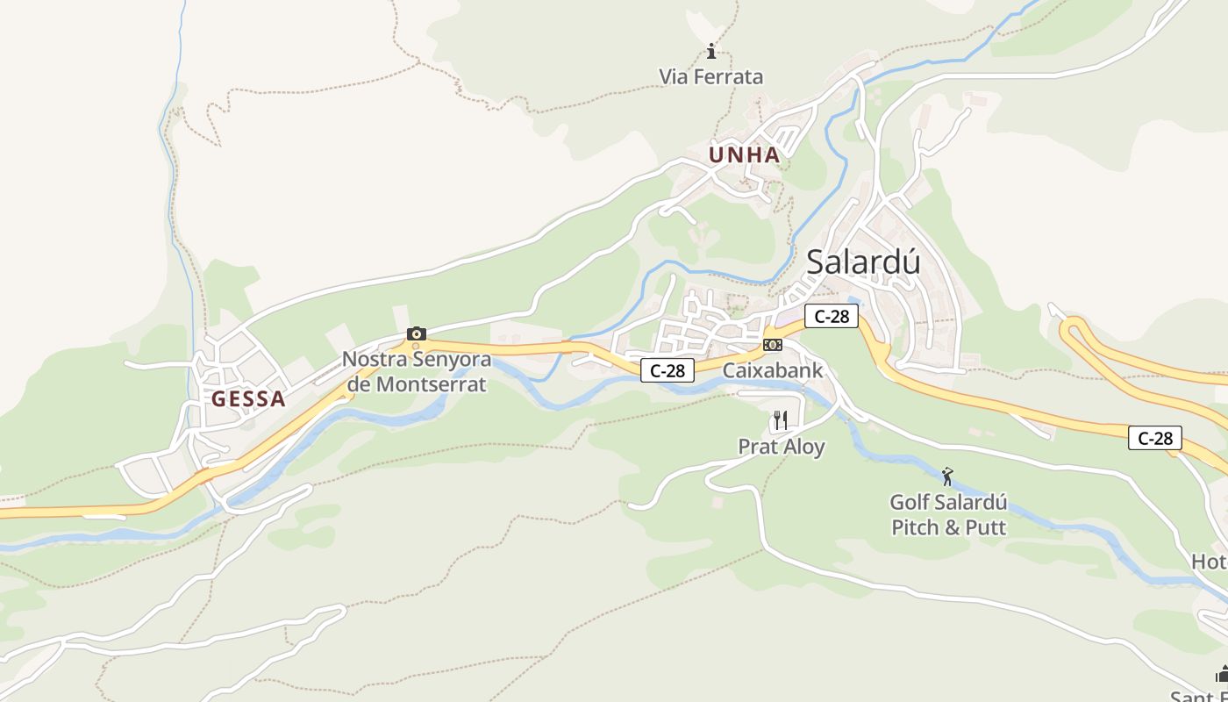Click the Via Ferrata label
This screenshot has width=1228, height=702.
point(711,77)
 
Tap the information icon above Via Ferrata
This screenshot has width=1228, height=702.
point(711,51)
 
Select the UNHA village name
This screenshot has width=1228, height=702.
point(744,155)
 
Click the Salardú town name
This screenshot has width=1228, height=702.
point(863,261)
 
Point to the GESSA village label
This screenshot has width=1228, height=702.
point(248,399)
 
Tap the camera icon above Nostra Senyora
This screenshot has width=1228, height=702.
point(417,333)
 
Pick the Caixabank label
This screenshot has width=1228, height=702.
point(773,370)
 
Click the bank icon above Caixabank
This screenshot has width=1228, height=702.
point(773,345)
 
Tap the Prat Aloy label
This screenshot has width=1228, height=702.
point(782,447)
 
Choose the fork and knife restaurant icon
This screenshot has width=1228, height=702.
point(781,420)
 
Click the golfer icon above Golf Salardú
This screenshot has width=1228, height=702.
point(947,477)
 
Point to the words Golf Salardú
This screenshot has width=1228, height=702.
point(948,503)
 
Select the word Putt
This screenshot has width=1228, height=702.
point(985,527)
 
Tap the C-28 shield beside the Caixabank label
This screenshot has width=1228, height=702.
point(668,370)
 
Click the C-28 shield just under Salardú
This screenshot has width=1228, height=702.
point(832,316)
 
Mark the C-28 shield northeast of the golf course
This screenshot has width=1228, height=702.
point(1155,438)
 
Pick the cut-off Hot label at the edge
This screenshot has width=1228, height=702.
point(1210,562)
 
